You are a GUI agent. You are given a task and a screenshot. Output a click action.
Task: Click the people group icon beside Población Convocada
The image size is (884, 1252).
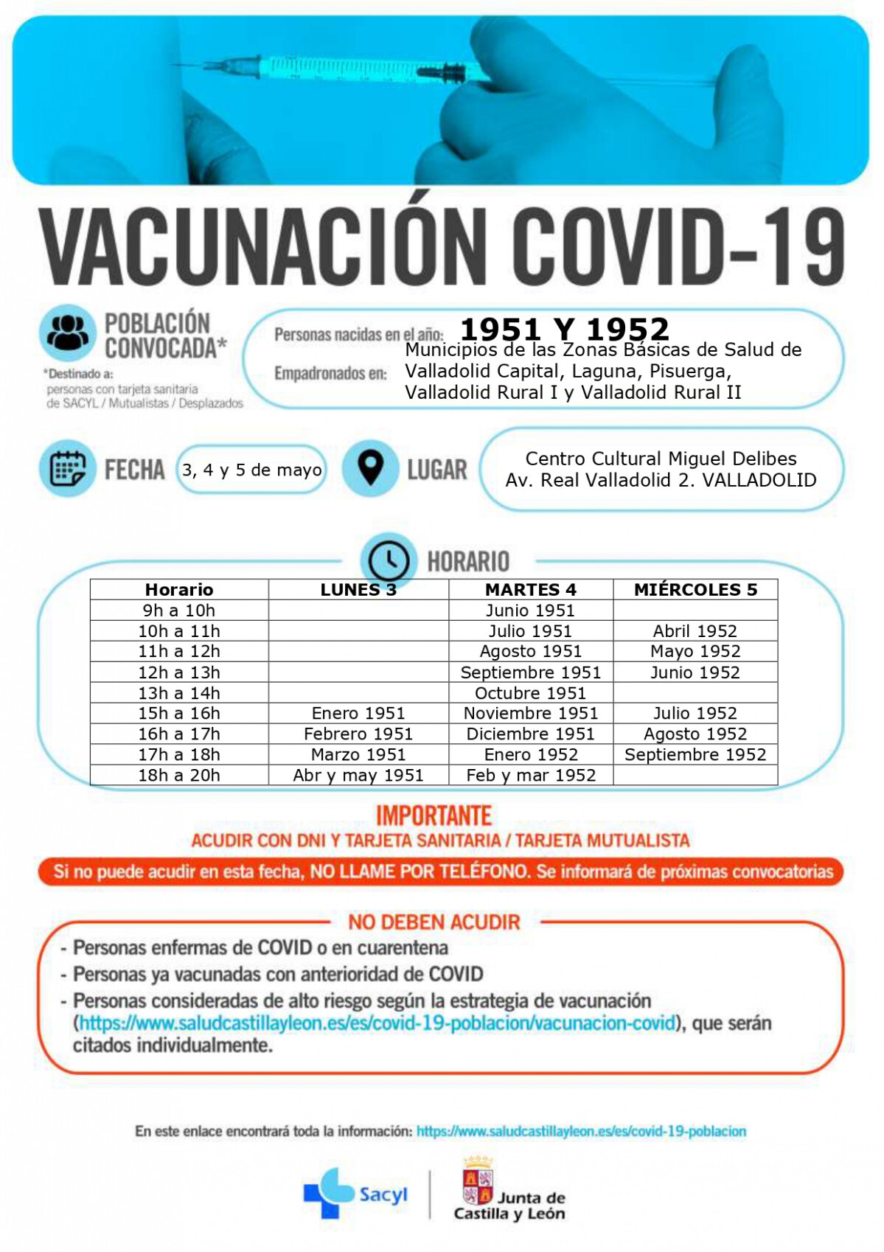(x=68, y=333)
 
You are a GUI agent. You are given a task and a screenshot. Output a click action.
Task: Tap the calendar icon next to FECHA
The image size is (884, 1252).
(x=68, y=469)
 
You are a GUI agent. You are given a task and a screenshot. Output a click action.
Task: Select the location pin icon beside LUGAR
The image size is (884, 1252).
(x=370, y=467)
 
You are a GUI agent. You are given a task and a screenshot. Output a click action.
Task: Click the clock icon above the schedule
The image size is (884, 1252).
(x=389, y=560)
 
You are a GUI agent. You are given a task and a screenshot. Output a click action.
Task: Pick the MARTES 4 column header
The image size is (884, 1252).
(x=530, y=589)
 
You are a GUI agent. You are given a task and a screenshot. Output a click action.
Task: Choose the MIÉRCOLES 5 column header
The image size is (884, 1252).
(x=695, y=589)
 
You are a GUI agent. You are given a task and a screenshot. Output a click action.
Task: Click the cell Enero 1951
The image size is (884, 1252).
(x=358, y=713)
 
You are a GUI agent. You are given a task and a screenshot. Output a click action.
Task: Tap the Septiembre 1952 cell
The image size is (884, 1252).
(x=695, y=754)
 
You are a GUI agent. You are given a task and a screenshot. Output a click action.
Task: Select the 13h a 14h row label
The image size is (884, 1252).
(x=179, y=693)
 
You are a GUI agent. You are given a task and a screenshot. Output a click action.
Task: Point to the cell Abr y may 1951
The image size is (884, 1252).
(x=358, y=775)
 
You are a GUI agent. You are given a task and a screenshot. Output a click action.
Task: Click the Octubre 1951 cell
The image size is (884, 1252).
(x=530, y=693)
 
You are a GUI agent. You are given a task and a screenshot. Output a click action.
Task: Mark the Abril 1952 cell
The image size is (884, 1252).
(x=695, y=631)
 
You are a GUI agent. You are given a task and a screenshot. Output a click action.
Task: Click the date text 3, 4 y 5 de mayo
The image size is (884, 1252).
(x=252, y=470)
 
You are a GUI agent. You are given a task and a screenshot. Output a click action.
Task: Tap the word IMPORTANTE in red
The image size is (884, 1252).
(x=434, y=815)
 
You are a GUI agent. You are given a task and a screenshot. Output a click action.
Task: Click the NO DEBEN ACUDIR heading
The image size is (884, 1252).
(x=434, y=922)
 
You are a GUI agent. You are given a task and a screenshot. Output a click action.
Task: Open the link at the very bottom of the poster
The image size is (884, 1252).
(x=581, y=1131)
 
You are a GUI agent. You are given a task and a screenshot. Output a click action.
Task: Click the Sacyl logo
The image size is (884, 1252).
(x=355, y=1192)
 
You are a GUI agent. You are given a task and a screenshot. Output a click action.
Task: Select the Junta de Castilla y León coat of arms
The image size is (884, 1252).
(x=477, y=1181)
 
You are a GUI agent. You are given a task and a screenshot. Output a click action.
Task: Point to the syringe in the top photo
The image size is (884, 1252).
(x=354, y=70)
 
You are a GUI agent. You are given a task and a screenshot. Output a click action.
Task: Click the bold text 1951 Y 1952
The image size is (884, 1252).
(x=565, y=329)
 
